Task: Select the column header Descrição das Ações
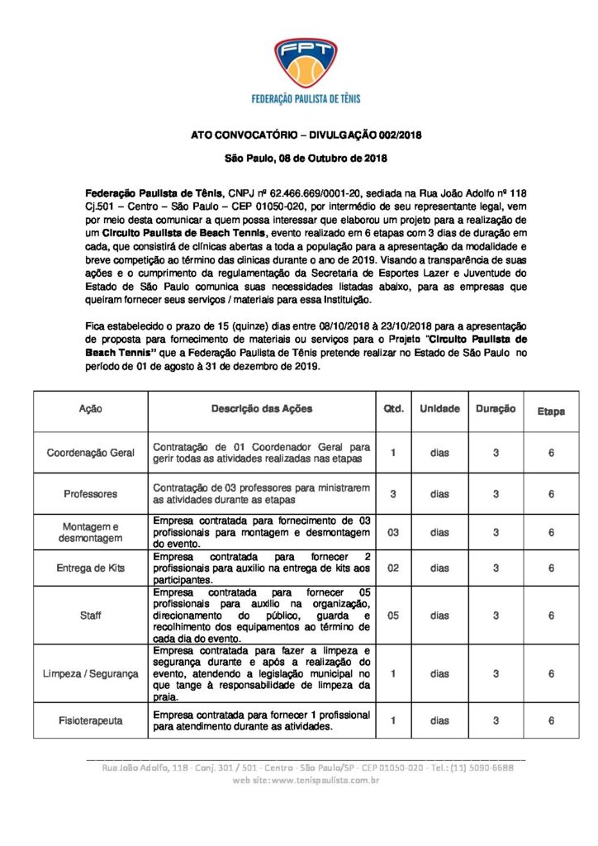pos(262,409)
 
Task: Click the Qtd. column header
pos(394,409)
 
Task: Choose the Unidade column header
pos(439,409)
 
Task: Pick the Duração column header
pos(496,409)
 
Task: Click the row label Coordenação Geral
pos(91,453)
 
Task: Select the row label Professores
pos(91,494)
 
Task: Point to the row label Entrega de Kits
pos(91,568)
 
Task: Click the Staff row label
pos(91,615)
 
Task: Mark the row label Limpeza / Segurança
pos(91,674)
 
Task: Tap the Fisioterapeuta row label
pos(91,720)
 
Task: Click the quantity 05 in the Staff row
pos(394,615)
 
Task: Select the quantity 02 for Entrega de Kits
pos(394,568)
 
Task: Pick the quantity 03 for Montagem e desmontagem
pos(394,533)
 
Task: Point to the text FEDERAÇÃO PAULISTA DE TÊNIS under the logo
pos(305,99)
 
